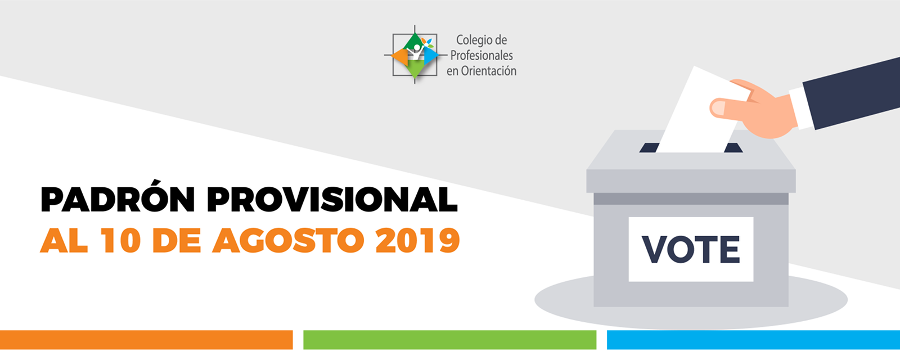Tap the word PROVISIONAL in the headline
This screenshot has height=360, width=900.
pyautogui.click(x=332, y=199)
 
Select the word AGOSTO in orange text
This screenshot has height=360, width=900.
pyautogui.click(x=289, y=240)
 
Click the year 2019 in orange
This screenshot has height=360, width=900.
pyautogui.click(x=418, y=240)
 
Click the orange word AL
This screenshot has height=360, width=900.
pyautogui.click(x=64, y=240)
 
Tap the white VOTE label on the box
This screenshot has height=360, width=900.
pyautogui.click(x=691, y=249)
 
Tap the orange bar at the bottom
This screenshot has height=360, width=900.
pyautogui.click(x=146, y=340)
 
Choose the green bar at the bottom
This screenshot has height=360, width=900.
pyautogui.click(x=449, y=340)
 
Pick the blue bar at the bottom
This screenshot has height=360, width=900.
pyautogui.click(x=753, y=340)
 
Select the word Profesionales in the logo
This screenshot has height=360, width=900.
pyautogui.click(x=481, y=55)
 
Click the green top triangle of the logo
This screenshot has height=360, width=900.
pyautogui.click(x=414, y=42)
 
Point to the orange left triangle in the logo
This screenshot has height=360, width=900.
pyautogui.click(x=400, y=57)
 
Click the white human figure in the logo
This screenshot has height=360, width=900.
pyautogui.click(x=416, y=53)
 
